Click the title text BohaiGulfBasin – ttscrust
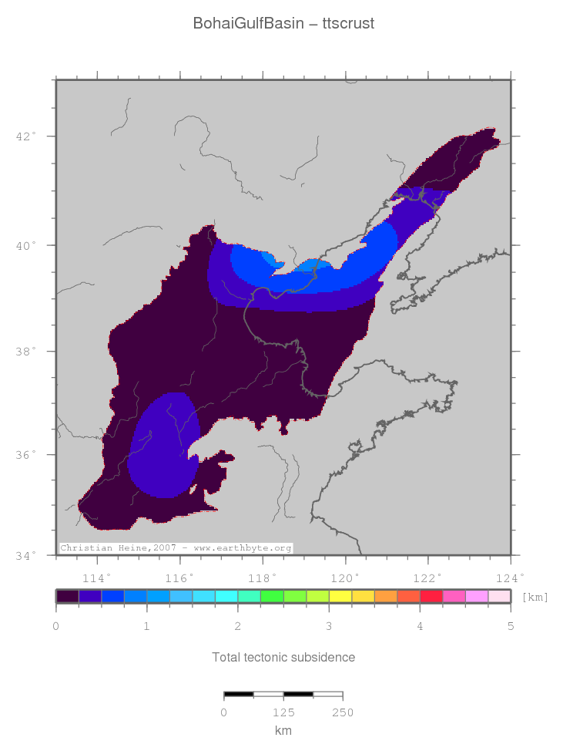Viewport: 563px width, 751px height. (x=283, y=24)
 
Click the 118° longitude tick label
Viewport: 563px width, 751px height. (x=262, y=578)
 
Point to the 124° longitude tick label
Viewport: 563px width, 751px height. (x=510, y=578)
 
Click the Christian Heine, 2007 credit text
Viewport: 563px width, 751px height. (x=176, y=548)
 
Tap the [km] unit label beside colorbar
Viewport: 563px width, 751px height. (x=535, y=597)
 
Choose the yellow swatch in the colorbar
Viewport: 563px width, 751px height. (x=340, y=596)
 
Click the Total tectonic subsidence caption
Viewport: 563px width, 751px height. (x=283, y=658)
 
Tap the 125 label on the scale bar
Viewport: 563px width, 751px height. (x=283, y=712)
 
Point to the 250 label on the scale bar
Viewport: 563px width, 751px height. (x=342, y=712)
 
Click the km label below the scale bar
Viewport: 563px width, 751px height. (x=283, y=730)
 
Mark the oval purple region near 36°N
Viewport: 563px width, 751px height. (x=163, y=447)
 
